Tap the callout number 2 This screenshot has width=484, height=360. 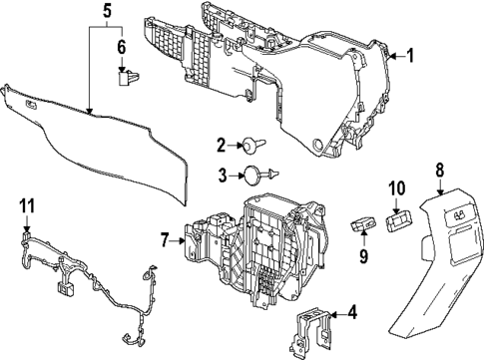(x=222, y=144)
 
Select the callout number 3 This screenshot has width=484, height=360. (x=222, y=176)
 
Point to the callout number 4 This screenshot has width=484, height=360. (x=350, y=313)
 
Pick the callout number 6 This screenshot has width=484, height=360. (x=122, y=47)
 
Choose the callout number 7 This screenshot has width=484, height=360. (x=165, y=240)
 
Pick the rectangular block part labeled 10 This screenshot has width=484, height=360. (x=399, y=216)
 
